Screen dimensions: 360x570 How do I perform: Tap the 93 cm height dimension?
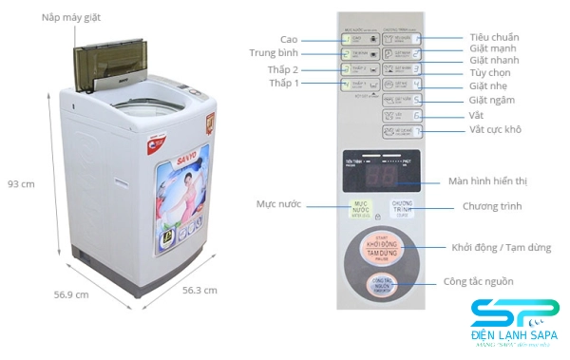click(21, 183)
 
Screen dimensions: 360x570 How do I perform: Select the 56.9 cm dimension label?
click(70, 294)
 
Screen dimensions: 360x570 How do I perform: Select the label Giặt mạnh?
click(492, 48)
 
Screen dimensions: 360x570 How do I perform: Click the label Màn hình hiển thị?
click(495, 181)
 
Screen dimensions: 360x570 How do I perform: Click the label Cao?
click(289, 39)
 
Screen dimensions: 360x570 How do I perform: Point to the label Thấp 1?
click(283, 84)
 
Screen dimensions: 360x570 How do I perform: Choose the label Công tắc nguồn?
click(478, 281)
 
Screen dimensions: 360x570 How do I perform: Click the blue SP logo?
click(514, 313)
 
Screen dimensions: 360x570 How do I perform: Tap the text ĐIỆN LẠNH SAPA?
click(514, 338)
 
